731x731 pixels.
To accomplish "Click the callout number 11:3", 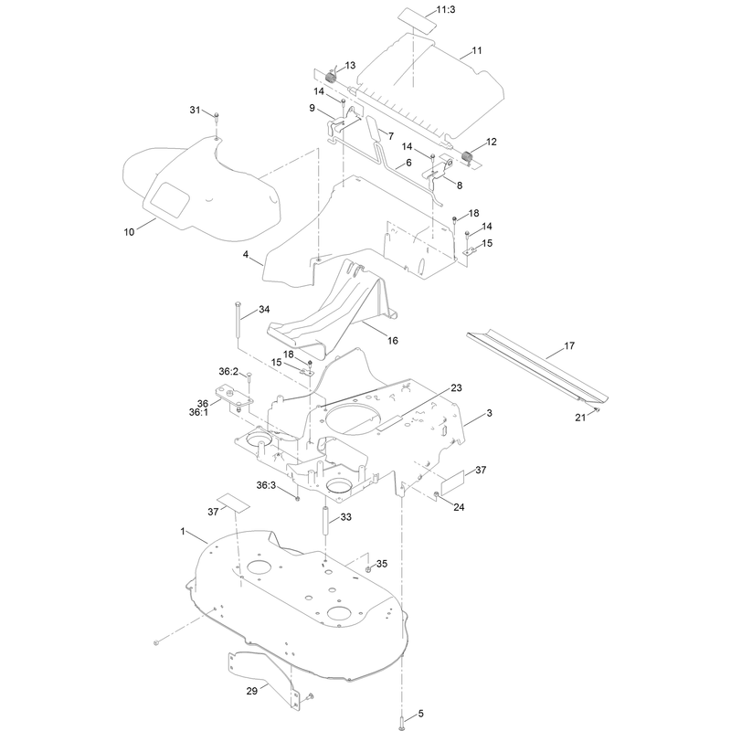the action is (x=446, y=9).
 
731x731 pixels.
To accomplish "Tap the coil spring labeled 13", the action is (x=331, y=76).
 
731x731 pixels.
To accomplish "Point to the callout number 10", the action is (x=129, y=232).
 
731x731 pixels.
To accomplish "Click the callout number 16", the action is (x=393, y=341).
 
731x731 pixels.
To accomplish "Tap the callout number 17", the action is (x=569, y=346).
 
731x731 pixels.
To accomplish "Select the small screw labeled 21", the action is (x=596, y=409).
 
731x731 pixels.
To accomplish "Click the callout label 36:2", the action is (x=228, y=372).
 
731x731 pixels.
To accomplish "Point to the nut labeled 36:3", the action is (x=297, y=499).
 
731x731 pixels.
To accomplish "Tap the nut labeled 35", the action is (x=368, y=568).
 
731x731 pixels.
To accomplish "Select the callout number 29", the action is (x=252, y=691).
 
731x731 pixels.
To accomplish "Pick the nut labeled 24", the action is (x=437, y=494).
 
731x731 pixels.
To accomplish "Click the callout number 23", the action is (x=456, y=387).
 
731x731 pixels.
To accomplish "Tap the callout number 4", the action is (x=246, y=255).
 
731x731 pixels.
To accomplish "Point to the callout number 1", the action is (x=183, y=532).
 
